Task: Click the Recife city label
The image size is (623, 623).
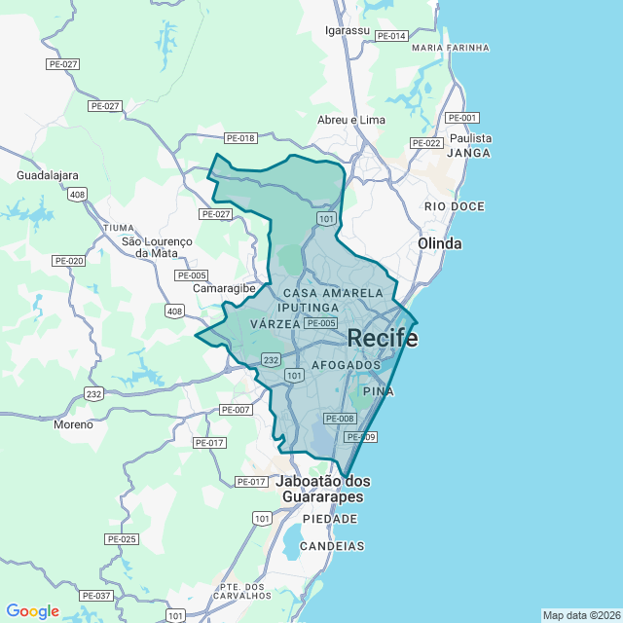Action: [x=384, y=339]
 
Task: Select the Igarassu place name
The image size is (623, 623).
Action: [x=348, y=30]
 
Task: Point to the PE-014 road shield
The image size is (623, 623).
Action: [x=391, y=36]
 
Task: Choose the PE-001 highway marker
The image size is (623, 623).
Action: [x=462, y=118]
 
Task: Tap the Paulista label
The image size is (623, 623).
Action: [x=471, y=138]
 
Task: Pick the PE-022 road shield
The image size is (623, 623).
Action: [x=427, y=143]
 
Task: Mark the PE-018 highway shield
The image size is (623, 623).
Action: [x=239, y=138]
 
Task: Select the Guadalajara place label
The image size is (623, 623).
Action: [x=48, y=175]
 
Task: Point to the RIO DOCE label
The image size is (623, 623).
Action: [x=455, y=206]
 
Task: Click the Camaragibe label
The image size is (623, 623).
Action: [x=223, y=289]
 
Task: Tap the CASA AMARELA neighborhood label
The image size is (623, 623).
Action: [x=333, y=293]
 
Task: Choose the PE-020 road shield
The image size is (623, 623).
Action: [x=68, y=261]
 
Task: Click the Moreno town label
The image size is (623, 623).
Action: [x=74, y=424]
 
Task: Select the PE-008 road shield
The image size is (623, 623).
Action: [x=340, y=419]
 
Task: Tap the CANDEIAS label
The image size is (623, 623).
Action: [x=334, y=546]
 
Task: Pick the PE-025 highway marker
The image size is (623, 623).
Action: [x=122, y=538]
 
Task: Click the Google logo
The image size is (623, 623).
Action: [x=33, y=611]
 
